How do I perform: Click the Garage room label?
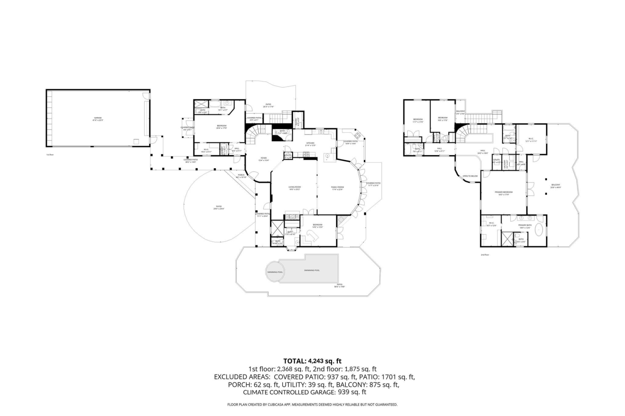98,118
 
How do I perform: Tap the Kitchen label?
311,144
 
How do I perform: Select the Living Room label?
294,188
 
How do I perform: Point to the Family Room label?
338,188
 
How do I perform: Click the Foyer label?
263,158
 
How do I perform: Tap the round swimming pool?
274,272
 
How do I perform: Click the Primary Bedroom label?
503,193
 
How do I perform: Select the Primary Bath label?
525,226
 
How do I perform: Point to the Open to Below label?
470,176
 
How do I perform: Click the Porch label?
241,176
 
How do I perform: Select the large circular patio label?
218,208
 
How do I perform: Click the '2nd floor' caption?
485,255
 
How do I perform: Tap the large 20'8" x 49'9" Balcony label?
556,186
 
